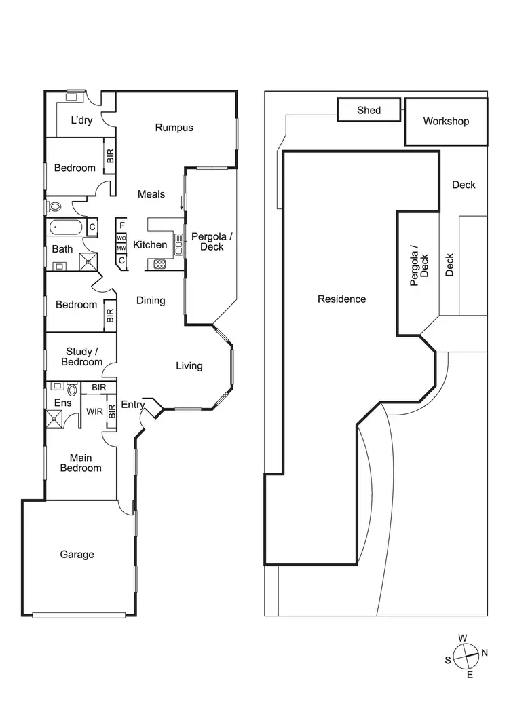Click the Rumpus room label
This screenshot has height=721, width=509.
(x=174, y=128)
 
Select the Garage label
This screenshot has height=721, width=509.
(x=77, y=555)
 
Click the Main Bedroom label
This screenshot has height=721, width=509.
(x=81, y=463)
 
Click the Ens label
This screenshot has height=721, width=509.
(x=62, y=403)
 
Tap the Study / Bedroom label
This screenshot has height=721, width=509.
(x=82, y=356)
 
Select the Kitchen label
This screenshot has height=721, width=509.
(x=150, y=245)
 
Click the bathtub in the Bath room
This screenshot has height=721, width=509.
(x=66, y=226)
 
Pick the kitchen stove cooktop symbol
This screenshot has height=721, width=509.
(x=159, y=264)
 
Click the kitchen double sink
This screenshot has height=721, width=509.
(x=179, y=245)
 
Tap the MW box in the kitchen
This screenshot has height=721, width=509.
(x=121, y=249)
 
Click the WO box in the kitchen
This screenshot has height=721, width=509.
(x=121, y=238)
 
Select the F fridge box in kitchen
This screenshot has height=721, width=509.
(x=121, y=225)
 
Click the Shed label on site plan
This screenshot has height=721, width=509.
(x=369, y=110)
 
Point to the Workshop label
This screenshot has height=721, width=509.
(x=446, y=122)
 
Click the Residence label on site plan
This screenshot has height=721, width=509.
(x=341, y=299)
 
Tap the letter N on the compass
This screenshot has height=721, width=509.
(x=485, y=653)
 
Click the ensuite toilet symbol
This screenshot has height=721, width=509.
(x=72, y=390)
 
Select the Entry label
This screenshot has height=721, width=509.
(x=132, y=405)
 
